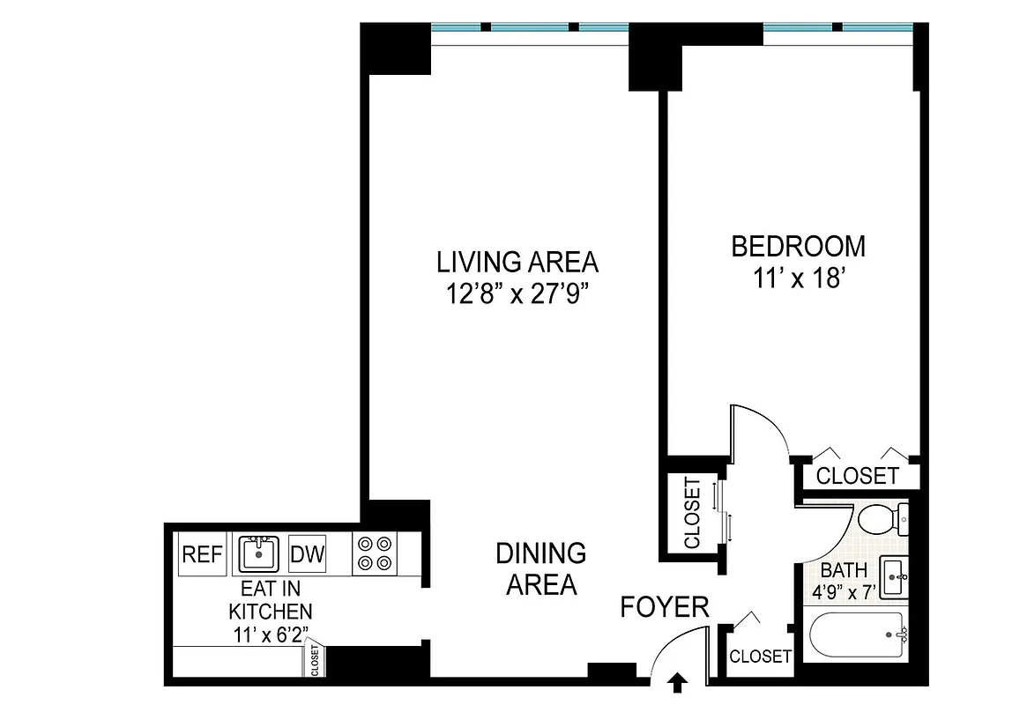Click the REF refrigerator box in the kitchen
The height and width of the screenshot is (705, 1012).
point(202,555)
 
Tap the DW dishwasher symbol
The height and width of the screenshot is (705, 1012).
point(307,555)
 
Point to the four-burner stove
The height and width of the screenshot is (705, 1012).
point(374,554)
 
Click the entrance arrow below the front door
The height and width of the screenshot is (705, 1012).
point(678,680)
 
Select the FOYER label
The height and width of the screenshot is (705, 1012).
point(664,607)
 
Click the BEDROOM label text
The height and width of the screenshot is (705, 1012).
point(798,246)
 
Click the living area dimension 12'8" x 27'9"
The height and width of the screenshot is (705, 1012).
point(517,293)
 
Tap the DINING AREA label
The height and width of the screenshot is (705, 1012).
point(540,568)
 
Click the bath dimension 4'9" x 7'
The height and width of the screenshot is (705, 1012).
point(843,591)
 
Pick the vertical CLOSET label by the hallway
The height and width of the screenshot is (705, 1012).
point(692,513)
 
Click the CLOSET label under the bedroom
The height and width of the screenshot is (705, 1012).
point(857,476)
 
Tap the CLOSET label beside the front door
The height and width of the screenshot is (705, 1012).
point(760,657)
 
